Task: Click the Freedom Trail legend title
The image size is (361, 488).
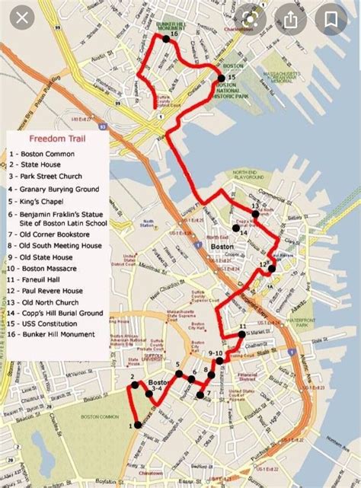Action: pyautogui.click(x=57, y=139)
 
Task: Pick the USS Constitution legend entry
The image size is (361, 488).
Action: pyautogui.click(x=48, y=323)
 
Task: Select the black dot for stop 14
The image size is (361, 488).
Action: pyautogui.click(x=237, y=227)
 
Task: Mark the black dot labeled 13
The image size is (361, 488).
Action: pyautogui.click(x=257, y=214)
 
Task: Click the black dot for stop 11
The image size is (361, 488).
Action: pyautogui.click(x=242, y=333)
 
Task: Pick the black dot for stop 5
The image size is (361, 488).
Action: pyautogui.click(x=179, y=375)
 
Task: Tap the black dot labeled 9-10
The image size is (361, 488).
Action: pyautogui.click(x=219, y=362)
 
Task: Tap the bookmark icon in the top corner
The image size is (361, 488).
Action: pyautogui.click(x=332, y=19)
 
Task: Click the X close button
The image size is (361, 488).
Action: pyautogui.click(x=23, y=18)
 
